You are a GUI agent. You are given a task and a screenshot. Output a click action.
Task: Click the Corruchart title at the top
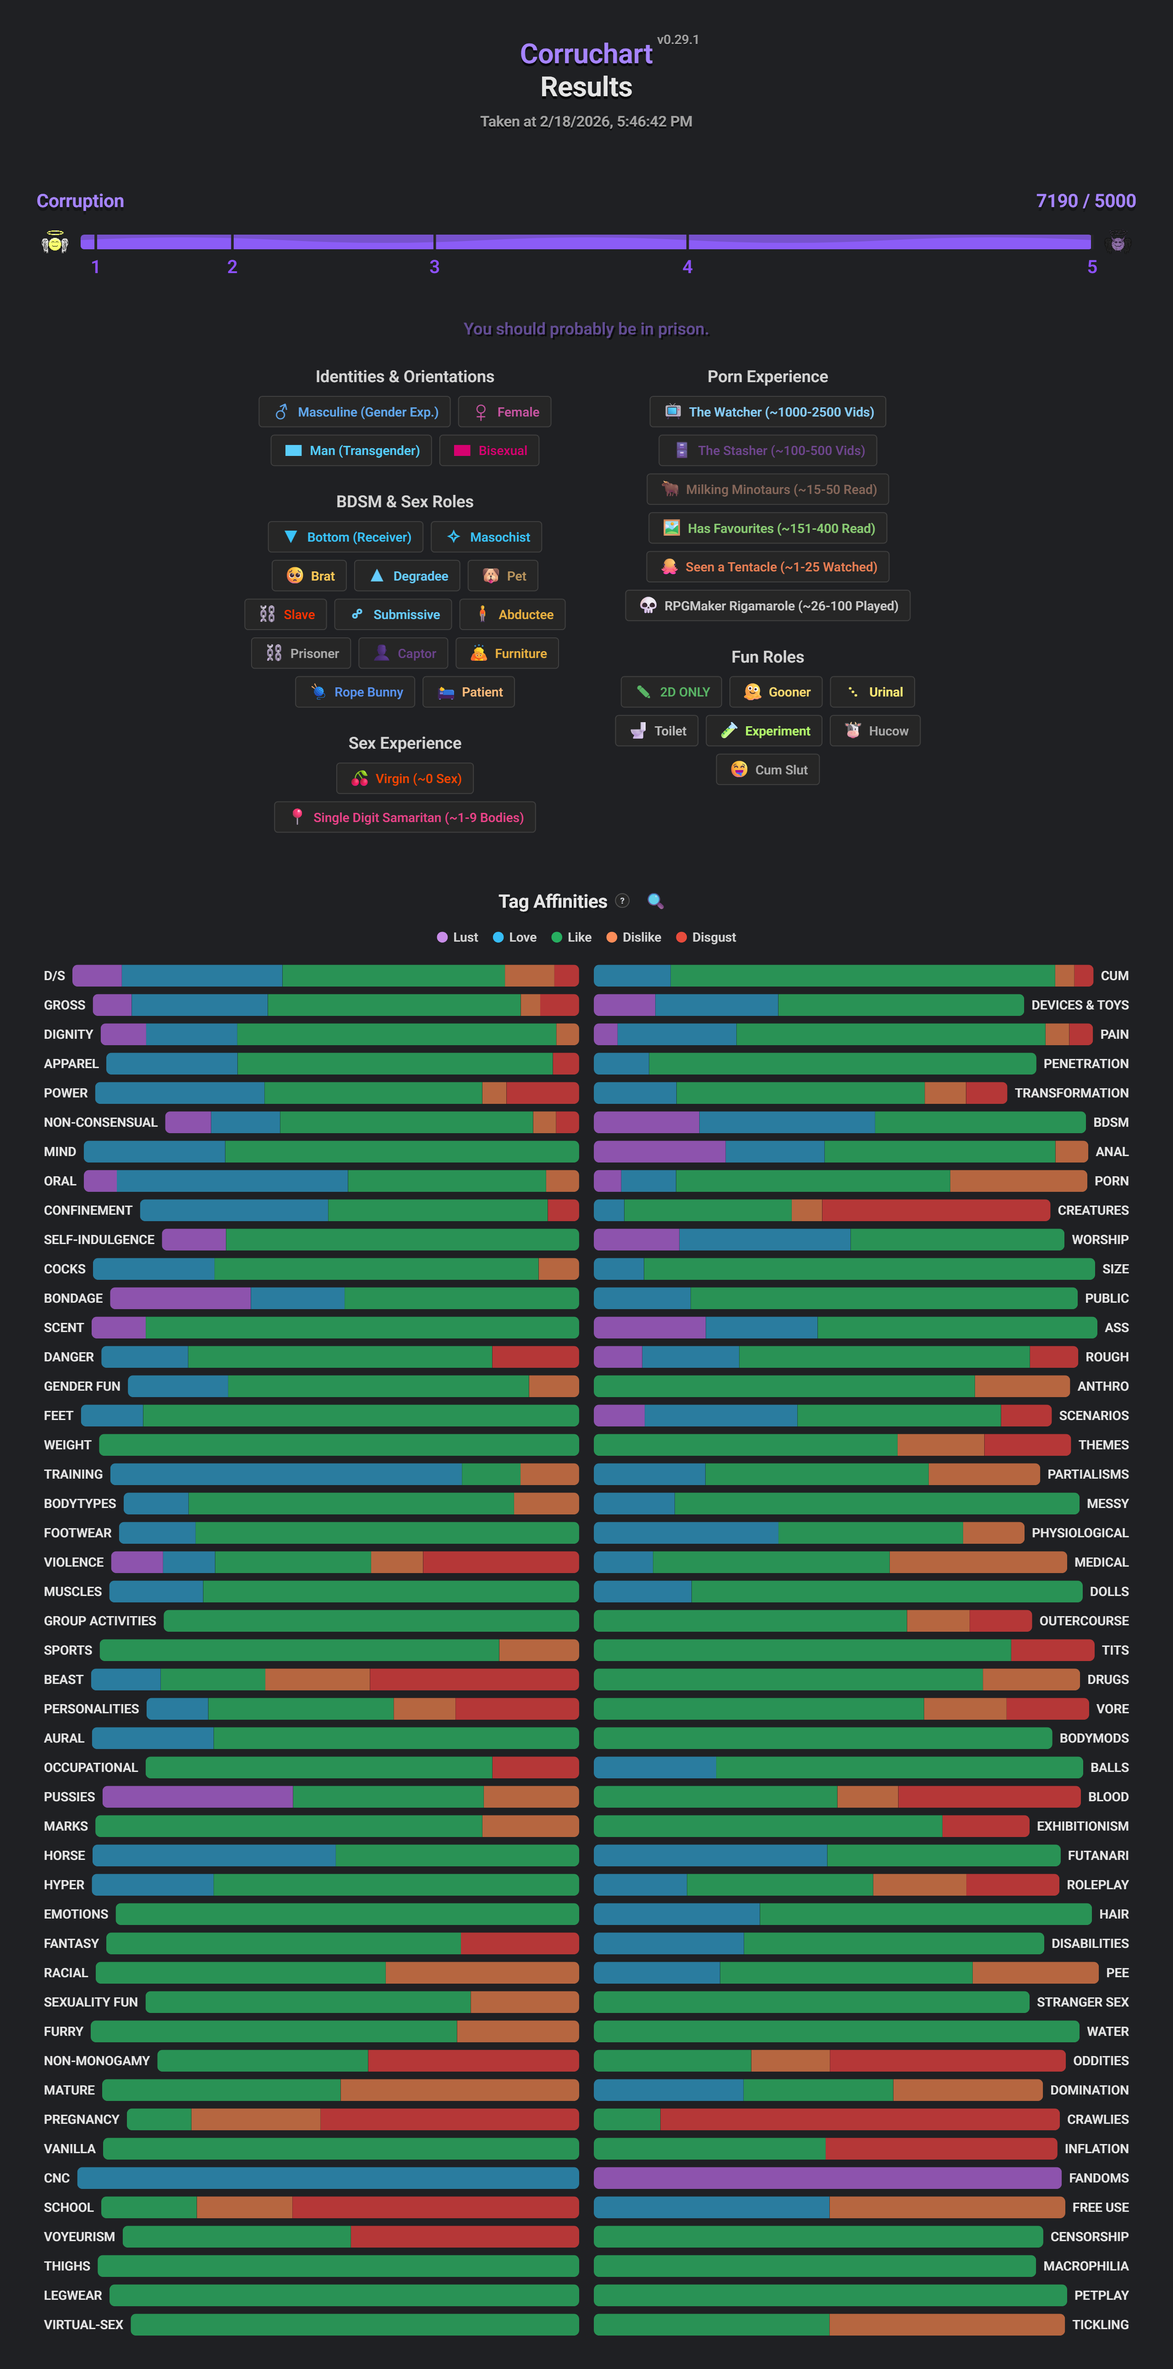click(x=586, y=54)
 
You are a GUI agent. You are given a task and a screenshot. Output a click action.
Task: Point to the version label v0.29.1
click(x=678, y=39)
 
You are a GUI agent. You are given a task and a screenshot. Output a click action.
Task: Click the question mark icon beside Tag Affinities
click(x=622, y=901)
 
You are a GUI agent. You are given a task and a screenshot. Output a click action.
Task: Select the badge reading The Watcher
click(x=767, y=412)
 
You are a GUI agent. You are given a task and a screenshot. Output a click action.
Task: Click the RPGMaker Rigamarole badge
click(x=767, y=606)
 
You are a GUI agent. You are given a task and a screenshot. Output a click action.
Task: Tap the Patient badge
click(x=469, y=692)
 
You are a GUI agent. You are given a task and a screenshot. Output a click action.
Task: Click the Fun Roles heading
click(x=767, y=657)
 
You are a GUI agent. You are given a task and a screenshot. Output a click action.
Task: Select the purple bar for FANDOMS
click(x=828, y=2178)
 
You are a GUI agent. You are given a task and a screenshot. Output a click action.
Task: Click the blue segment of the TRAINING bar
click(x=285, y=1474)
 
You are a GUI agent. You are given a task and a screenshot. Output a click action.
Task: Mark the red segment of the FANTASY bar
click(x=520, y=1943)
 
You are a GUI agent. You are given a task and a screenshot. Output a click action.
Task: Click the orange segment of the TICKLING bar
click(x=947, y=2325)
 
